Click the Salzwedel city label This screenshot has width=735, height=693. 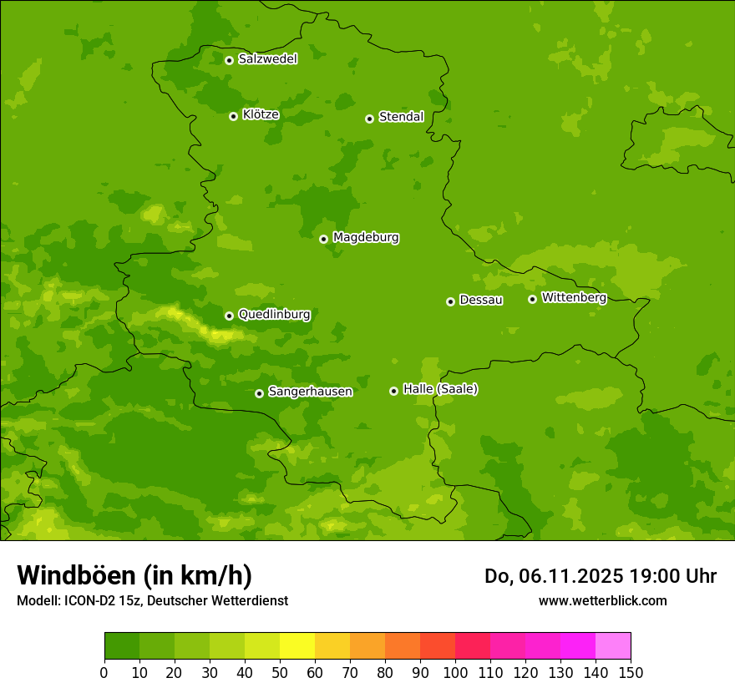click(267, 59)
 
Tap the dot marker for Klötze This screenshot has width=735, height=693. click(233, 116)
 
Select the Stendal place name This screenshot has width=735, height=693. click(401, 117)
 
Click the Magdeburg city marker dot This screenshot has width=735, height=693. click(323, 239)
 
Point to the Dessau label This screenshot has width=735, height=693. click(481, 300)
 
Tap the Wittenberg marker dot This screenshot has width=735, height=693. click(532, 299)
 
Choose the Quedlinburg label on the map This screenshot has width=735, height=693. click(274, 315)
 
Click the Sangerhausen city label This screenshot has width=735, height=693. click(310, 392)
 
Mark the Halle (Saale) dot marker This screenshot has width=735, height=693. click(393, 391)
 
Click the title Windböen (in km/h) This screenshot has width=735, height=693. click(134, 575)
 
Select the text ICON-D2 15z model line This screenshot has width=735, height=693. click(152, 601)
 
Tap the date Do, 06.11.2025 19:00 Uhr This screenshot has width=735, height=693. click(601, 576)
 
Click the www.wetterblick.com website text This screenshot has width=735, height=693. click(602, 601)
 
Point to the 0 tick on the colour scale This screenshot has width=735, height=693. click(104, 672)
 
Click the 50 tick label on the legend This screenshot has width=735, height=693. click(280, 672)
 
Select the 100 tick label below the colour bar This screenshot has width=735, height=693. click(455, 672)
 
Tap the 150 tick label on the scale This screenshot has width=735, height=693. click(631, 672)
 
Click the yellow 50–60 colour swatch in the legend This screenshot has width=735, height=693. click(297, 646)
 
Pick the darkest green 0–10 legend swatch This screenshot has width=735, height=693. click(122, 646)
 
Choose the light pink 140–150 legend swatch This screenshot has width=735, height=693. click(613, 646)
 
